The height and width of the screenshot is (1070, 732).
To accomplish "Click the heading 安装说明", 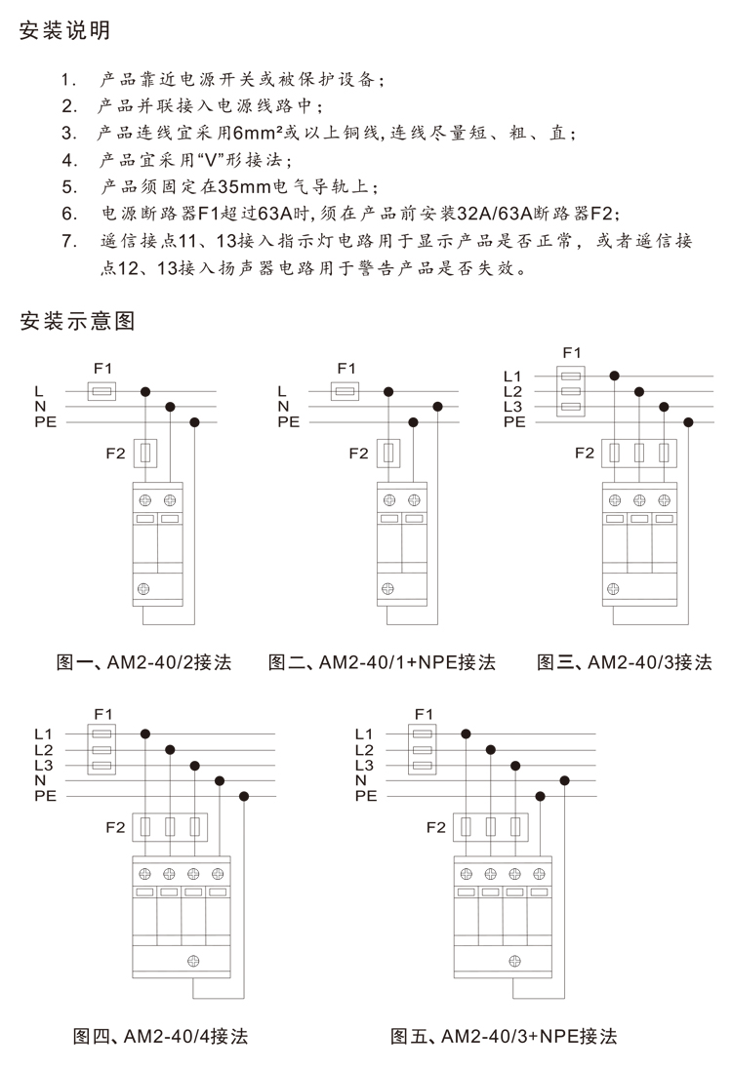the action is tap(64, 30).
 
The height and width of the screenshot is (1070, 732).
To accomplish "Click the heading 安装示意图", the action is tap(76, 321).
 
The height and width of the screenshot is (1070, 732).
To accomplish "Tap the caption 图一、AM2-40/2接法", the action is tap(143, 662).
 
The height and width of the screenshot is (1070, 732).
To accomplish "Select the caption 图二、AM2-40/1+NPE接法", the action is tap(382, 662).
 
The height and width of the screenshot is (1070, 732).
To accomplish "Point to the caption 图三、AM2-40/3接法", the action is tap(624, 662).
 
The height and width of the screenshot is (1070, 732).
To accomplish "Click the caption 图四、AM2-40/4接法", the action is tap(160, 1036).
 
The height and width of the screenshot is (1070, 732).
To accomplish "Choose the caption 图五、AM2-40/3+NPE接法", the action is tap(504, 1036).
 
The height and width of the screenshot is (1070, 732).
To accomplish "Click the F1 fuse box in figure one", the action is tap(102, 392).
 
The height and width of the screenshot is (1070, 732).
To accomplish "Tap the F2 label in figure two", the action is tap(358, 454).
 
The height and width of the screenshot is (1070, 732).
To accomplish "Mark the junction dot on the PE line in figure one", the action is tap(194, 422).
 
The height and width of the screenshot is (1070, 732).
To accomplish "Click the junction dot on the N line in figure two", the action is tap(437, 407).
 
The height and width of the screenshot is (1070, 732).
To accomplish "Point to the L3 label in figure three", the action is tap(512, 407).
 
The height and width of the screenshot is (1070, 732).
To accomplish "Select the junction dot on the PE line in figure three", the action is tap(688, 422).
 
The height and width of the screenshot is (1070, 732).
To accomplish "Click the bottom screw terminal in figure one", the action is tap(143, 589).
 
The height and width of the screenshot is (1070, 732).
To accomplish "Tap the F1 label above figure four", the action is tap(103, 714).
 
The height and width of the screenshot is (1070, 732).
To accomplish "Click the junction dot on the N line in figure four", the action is tap(220, 780).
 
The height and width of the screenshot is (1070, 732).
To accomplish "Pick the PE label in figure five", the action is tap(366, 796).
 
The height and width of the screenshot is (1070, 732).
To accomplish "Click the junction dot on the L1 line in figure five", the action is tap(466, 734).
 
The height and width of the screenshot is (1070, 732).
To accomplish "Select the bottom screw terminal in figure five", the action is tap(515, 962).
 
